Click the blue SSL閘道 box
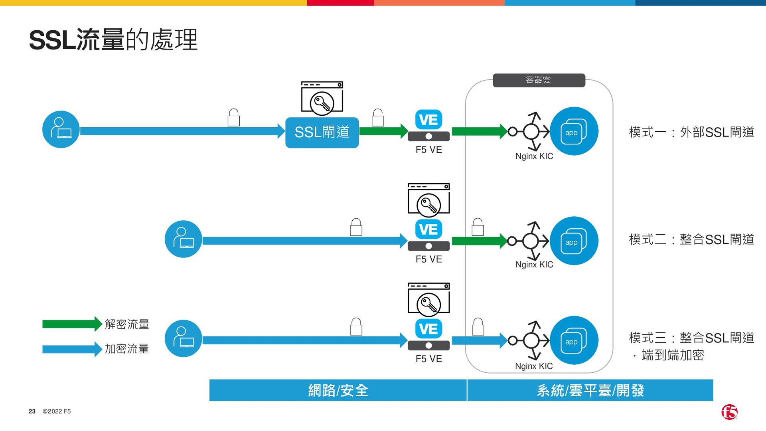click(x=322, y=132)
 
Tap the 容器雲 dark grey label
click(x=539, y=80)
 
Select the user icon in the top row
click(x=61, y=129)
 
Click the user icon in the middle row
click(x=183, y=239)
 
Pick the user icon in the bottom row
click(x=183, y=338)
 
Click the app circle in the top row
click(x=574, y=131)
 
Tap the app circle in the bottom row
click(x=574, y=340)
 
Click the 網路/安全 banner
click(x=338, y=390)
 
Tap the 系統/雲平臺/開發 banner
click(x=590, y=390)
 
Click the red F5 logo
click(x=729, y=412)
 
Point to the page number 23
click(x=32, y=411)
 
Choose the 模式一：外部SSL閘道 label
click(x=691, y=132)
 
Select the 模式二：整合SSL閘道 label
click(x=691, y=239)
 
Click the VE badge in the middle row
click(x=428, y=229)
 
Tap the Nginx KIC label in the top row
click(x=534, y=156)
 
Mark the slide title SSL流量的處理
click(x=113, y=40)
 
